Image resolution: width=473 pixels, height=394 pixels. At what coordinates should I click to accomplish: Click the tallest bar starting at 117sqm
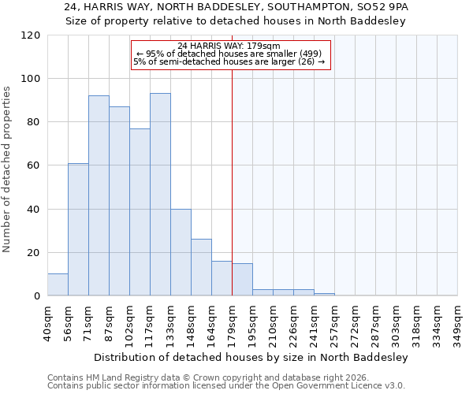160,195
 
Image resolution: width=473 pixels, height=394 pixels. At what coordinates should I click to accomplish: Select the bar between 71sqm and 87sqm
99,195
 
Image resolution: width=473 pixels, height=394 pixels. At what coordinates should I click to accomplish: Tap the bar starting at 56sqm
78,229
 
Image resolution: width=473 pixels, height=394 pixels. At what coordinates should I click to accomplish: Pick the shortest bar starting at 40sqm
58,284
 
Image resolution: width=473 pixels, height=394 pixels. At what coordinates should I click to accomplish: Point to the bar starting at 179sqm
242,280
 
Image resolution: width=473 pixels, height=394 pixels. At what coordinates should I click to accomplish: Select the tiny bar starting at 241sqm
324,295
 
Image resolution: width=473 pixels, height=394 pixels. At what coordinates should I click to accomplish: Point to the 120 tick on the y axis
31,35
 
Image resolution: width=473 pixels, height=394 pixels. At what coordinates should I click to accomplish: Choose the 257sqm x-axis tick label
334,323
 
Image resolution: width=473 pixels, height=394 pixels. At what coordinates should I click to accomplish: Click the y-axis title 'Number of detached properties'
8,170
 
